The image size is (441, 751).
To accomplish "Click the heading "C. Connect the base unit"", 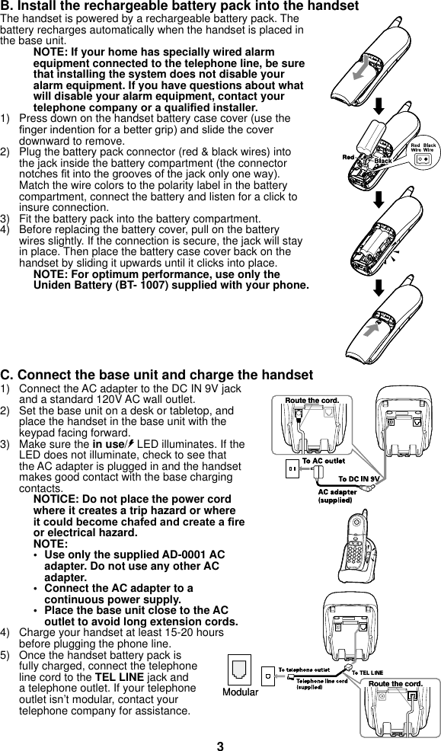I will [x=157, y=375].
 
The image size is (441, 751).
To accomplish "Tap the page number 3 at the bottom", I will [x=220, y=746].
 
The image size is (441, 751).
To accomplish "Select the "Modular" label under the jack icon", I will [x=240, y=692].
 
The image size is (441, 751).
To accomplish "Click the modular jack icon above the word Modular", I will [x=240, y=671].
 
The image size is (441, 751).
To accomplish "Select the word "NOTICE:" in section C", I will [x=58, y=499].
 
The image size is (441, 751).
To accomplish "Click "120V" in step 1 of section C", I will [x=100, y=400].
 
